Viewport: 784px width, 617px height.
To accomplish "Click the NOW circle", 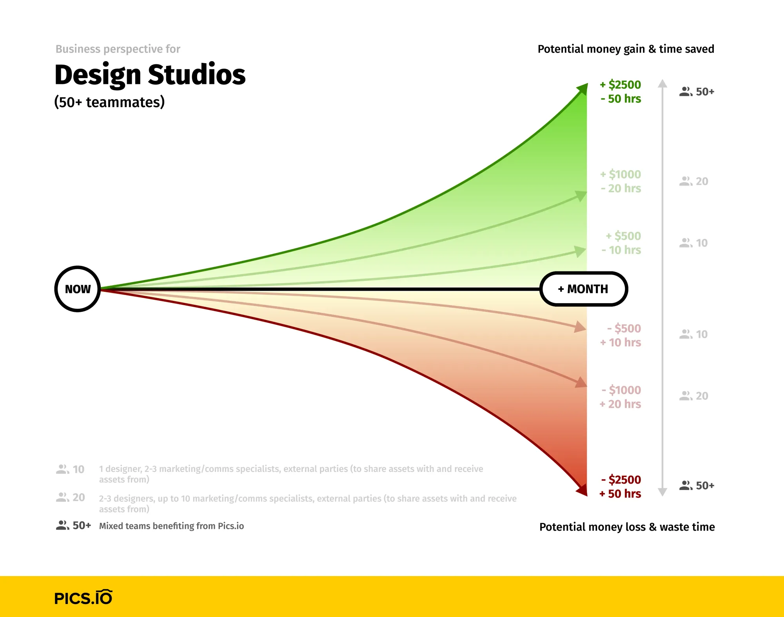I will [x=78, y=289].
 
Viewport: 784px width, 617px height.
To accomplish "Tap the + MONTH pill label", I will [x=583, y=289].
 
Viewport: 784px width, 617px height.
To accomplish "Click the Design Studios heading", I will [x=150, y=75].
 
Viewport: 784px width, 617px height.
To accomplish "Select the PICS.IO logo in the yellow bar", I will [x=83, y=598].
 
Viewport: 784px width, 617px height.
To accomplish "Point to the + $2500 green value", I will [x=621, y=85].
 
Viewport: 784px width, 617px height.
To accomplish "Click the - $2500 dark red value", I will [x=621, y=480].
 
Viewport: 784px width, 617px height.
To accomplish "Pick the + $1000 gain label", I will [x=621, y=175].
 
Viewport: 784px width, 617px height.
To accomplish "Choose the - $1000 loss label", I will [x=621, y=390].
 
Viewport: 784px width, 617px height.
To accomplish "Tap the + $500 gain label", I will [x=623, y=236].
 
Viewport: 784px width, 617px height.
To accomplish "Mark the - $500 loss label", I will [x=624, y=328].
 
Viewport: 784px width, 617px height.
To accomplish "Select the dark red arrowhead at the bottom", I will [x=582, y=490].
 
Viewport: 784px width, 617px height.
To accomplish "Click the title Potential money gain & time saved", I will [x=626, y=49].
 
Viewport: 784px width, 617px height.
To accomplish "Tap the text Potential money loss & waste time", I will [x=627, y=527].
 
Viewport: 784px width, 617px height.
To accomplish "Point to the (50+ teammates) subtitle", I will [x=109, y=102].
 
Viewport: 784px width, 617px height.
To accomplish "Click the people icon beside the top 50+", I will [x=686, y=92].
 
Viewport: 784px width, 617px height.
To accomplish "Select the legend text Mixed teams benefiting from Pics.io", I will [x=171, y=526].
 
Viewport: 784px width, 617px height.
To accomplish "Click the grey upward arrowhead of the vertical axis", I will [x=662, y=83].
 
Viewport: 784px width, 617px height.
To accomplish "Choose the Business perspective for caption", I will [x=118, y=49].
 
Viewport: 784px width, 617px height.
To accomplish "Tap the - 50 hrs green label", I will [x=621, y=99].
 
